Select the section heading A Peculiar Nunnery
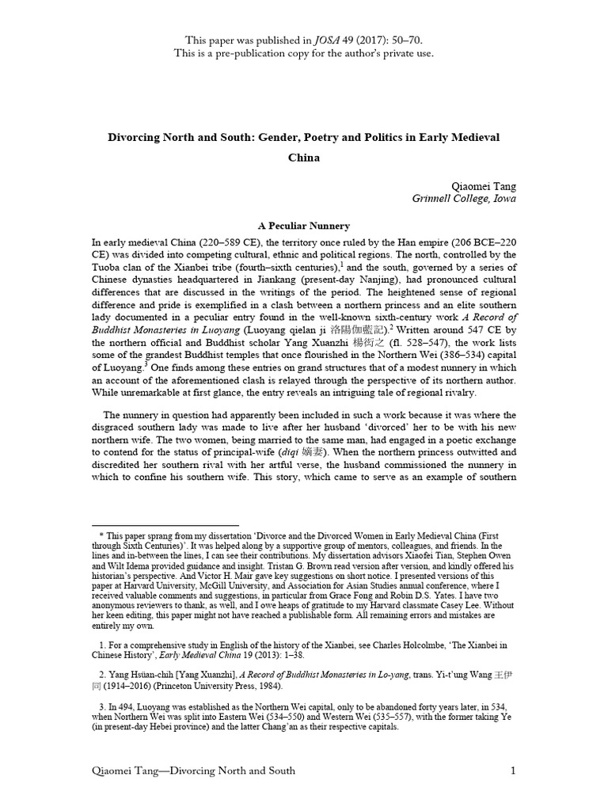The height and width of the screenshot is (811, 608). click(x=304, y=226)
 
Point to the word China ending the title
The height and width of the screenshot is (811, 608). click(x=304, y=157)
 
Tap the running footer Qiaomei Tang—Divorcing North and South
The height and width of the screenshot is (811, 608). click(x=194, y=771)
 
